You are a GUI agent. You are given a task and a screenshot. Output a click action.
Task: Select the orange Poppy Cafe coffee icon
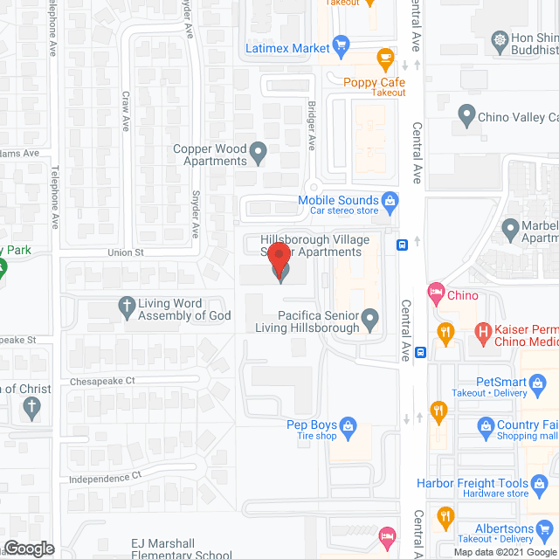click(x=383, y=59)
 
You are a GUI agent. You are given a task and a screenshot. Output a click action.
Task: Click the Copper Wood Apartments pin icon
click(x=259, y=155)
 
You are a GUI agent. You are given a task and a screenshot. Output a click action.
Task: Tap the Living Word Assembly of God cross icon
click(x=125, y=307)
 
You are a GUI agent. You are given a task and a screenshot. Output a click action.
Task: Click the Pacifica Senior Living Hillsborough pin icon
click(x=370, y=320)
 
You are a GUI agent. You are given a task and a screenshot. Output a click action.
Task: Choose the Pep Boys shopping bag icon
click(x=348, y=425)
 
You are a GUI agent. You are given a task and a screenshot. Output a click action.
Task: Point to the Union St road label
click(x=124, y=252)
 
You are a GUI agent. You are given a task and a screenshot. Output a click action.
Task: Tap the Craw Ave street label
click(x=126, y=112)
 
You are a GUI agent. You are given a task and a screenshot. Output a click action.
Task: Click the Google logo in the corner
click(x=28, y=548)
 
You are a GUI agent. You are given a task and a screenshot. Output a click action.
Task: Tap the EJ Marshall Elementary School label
click(x=182, y=548)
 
